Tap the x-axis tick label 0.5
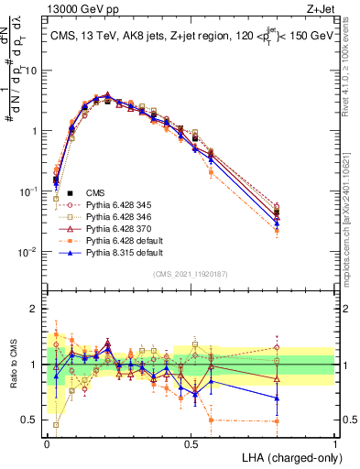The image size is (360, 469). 191,444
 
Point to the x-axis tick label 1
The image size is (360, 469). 334,444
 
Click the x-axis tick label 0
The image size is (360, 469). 47,444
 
